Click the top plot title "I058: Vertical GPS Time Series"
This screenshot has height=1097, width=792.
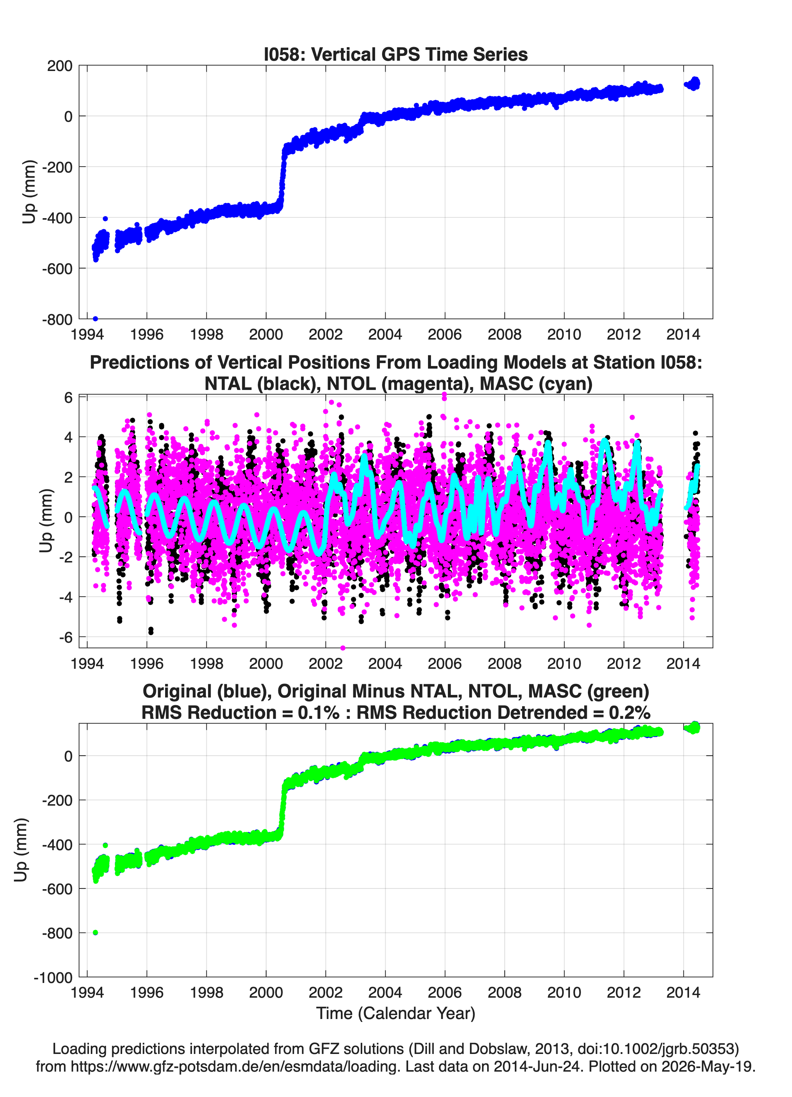396,54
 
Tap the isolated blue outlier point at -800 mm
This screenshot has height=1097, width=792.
95,319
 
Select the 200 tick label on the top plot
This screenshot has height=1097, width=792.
60,66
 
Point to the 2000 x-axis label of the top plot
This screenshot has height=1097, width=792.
266,334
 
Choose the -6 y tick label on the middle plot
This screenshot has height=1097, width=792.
66,638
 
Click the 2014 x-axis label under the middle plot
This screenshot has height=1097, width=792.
683,663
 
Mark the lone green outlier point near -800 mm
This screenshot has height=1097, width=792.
95,933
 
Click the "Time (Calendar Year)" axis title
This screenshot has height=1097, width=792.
396,1012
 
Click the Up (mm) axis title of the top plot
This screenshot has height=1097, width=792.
29,192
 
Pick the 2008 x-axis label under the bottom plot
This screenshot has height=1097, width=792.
504,992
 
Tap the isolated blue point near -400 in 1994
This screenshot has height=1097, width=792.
106,219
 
